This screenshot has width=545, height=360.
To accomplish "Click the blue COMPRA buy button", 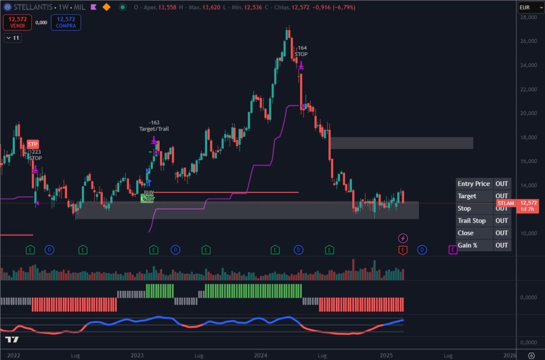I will [65, 22].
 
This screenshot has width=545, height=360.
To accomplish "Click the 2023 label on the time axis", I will [137, 355].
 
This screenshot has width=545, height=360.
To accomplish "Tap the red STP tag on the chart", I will [33, 144].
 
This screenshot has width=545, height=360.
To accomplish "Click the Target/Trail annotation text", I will [154, 129].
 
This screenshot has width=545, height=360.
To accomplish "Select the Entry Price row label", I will [474, 184].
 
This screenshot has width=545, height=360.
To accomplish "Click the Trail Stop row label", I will [472, 220].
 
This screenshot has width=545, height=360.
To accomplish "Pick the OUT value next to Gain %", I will [501, 245].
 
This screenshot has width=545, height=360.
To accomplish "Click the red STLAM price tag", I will [506, 203].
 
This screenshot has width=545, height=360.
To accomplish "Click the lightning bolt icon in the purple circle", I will [403, 238].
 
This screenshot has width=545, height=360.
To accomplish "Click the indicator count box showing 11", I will [12, 38].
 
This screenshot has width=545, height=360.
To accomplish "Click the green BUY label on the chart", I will [148, 192].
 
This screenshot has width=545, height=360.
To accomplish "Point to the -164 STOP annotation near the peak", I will [301, 51].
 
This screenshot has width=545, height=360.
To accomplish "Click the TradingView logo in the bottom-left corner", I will [12, 340].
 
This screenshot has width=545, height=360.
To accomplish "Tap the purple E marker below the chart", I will [452, 249].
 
